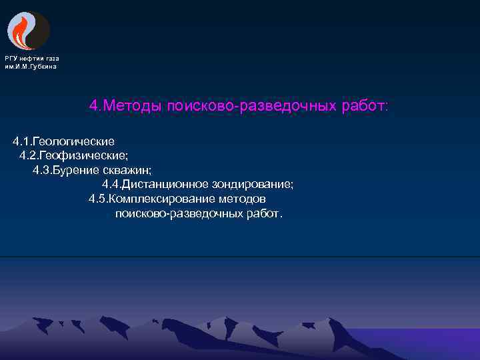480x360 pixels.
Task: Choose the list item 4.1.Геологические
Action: pyautogui.click(x=63, y=141)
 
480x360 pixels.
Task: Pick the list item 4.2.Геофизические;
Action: pyautogui.click(x=73, y=155)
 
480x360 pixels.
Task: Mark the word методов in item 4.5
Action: pyautogui.click(x=244, y=199)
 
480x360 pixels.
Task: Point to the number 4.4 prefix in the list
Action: pyautogui.click(x=111, y=184)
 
